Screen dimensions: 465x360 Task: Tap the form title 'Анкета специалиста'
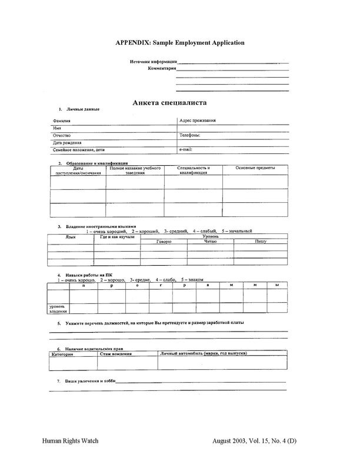click(x=169, y=102)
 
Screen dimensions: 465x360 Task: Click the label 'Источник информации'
click(x=153, y=61)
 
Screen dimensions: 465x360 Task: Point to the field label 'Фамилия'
click(x=61, y=121)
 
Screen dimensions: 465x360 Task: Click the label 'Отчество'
click(x=62, y=135)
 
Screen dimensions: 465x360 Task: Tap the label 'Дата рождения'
click(x=67, y=143)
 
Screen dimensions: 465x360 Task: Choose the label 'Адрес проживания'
click(x=197, y=121)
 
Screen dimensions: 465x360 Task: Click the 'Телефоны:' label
click(x=190, y=135)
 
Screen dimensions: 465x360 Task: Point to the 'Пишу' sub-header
click(x=261, y=241)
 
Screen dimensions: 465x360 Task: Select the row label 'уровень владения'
click(x=58, y=309)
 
